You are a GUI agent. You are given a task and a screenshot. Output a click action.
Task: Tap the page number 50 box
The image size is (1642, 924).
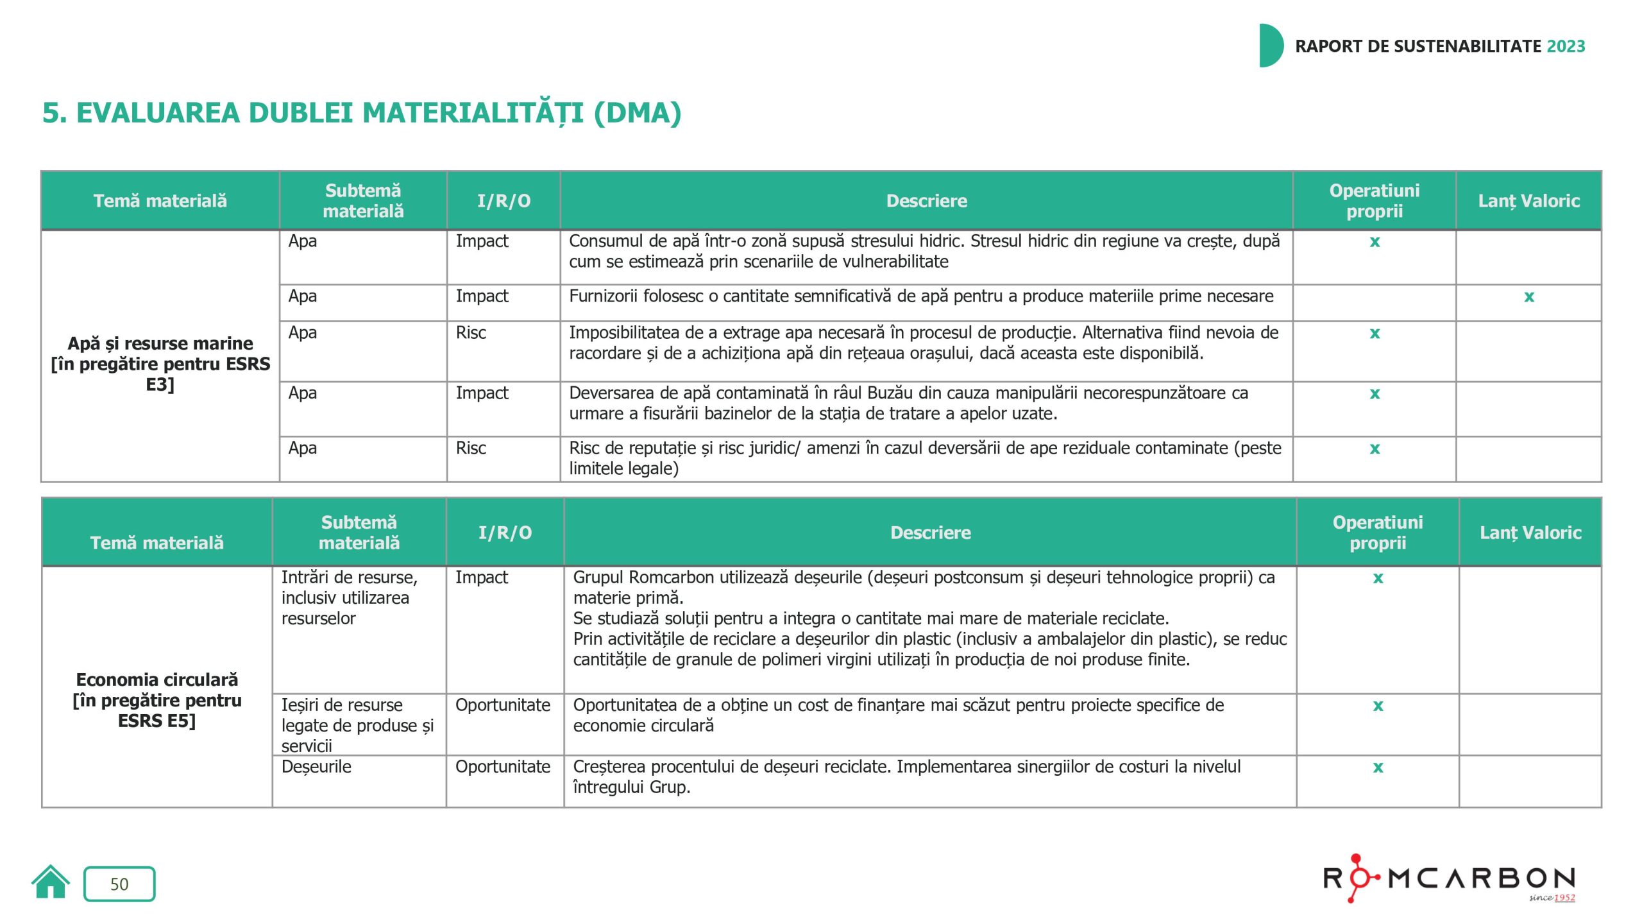[x=119, y=884]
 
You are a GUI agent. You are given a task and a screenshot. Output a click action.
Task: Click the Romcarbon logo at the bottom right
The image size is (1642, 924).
[x=1449, y=878]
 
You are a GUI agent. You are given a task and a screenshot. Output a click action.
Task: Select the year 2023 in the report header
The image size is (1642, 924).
[x=1566, y=46]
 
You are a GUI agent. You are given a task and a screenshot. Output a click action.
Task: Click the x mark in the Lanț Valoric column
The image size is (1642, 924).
[x=1529, y=296]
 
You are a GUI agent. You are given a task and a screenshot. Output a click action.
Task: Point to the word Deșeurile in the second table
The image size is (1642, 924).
[x=316, y=767]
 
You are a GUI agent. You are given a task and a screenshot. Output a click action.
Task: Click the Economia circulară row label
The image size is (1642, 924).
[x=157, y=700]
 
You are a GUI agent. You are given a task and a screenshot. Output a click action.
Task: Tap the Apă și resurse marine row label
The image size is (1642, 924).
[x=160, y=363]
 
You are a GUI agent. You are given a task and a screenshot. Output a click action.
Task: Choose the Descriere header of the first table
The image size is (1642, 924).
[x=926, y=201]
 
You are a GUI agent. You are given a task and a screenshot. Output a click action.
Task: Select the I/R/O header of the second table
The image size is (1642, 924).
[x=505, y=533]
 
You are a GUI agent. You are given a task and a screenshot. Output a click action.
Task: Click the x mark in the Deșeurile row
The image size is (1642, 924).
[x=1378, y=767]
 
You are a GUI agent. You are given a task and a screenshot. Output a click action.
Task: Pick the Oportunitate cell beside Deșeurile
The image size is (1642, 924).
[x=503, y=767]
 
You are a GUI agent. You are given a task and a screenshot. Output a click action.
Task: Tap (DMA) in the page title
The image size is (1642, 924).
[x=638, y=113]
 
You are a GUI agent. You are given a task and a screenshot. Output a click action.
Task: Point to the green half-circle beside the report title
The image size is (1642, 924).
[x=1270, y=46]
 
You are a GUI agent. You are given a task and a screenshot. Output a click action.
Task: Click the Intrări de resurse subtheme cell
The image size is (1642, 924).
[x=350, y=597]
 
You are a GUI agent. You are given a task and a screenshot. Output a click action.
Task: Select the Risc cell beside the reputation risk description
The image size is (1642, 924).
[x=471, y=448]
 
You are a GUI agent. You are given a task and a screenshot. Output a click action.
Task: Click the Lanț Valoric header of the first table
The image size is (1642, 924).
[x=1528, y=201]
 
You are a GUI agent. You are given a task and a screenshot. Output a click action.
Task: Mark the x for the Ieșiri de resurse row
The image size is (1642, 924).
[x=1378, y=706]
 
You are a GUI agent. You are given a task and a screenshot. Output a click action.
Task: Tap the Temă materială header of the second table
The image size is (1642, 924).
[x=157, y=543]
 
